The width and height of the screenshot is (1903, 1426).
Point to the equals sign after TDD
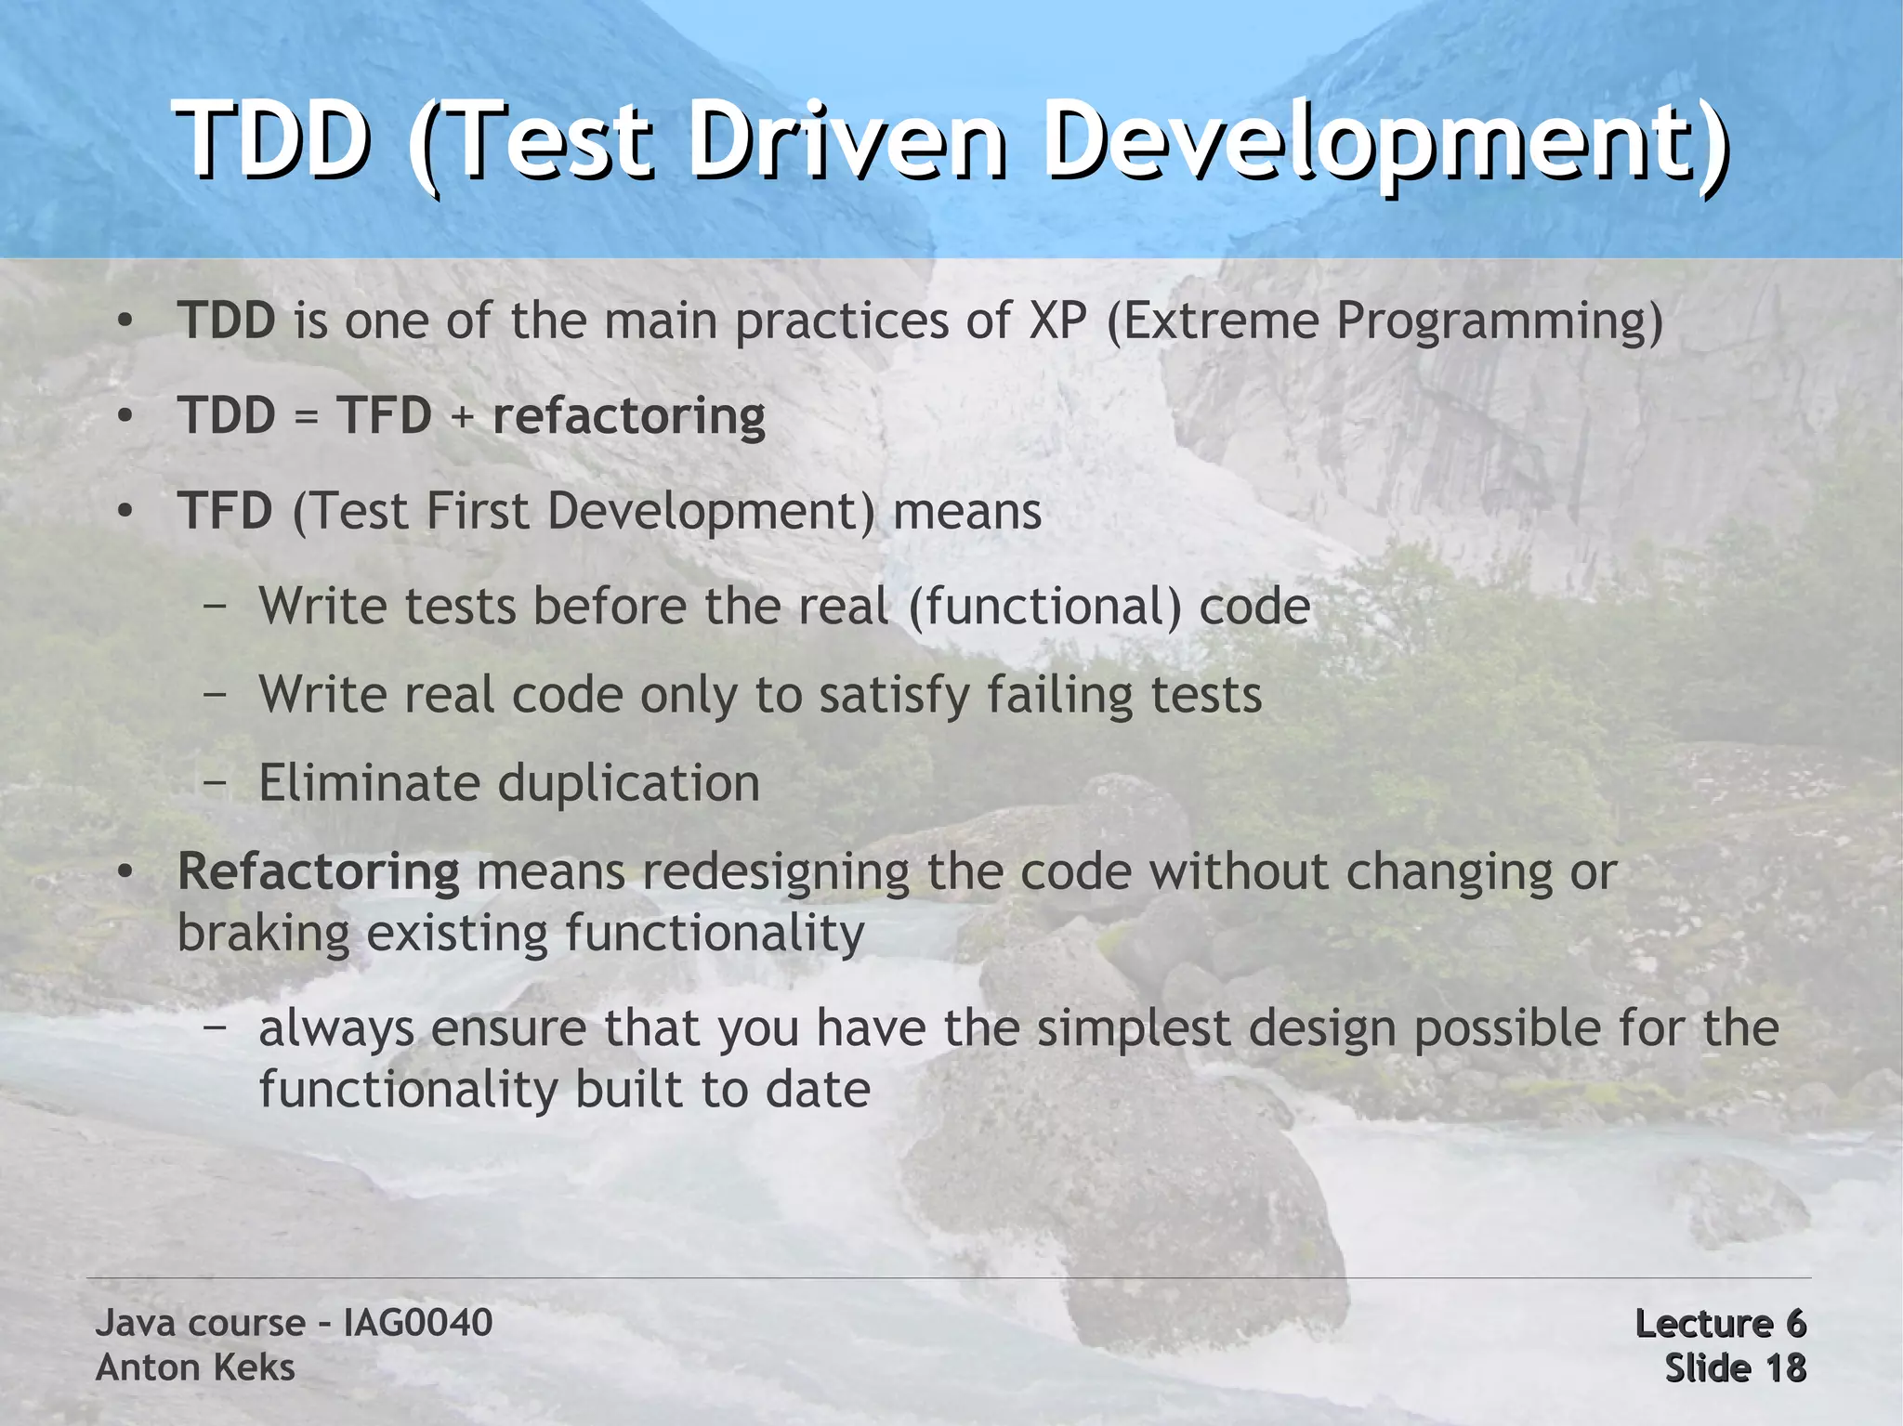306,416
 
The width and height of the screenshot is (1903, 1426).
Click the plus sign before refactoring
462,416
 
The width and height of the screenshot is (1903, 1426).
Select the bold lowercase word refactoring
628,416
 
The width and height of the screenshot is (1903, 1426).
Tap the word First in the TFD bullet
476,511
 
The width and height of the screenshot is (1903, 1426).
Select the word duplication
629,784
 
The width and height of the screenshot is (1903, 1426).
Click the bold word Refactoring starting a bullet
318,872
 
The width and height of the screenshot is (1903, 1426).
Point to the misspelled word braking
263,933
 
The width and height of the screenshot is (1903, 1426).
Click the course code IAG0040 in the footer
417,1323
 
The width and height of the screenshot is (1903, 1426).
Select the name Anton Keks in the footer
195,1367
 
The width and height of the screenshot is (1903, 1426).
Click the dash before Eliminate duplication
216,783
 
